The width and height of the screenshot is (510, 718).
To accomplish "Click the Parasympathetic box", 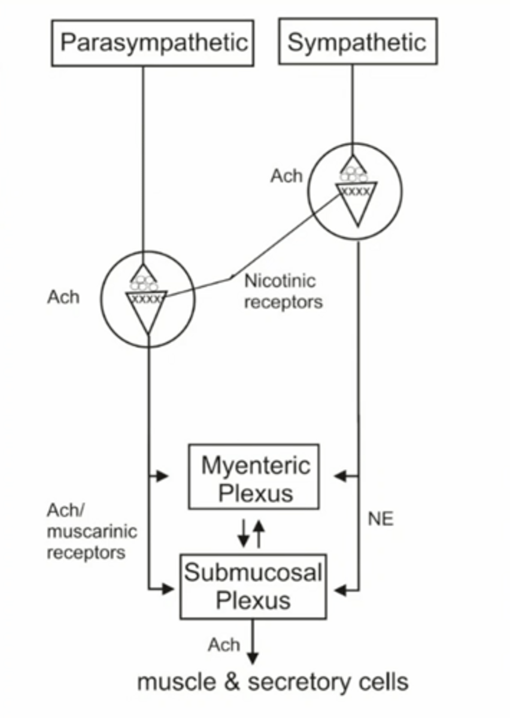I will tap(153, 42).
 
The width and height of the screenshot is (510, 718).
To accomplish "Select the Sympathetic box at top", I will tap(357, 41).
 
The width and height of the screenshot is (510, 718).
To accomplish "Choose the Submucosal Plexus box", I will tap(253, 586).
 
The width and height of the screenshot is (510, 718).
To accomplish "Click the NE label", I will tap(381, 519).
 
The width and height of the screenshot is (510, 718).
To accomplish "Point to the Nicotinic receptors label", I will tap(283, 291).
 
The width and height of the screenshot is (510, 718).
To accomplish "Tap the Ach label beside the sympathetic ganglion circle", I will tap(286, 177).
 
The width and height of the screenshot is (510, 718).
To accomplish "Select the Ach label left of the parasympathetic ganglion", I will tap(63, 297).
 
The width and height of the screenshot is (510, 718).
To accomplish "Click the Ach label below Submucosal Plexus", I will tap(224, 645).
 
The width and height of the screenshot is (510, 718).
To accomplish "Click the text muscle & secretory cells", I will tap(273, 682).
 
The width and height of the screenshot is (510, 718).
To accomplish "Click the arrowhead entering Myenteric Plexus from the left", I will tap(162, 476).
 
